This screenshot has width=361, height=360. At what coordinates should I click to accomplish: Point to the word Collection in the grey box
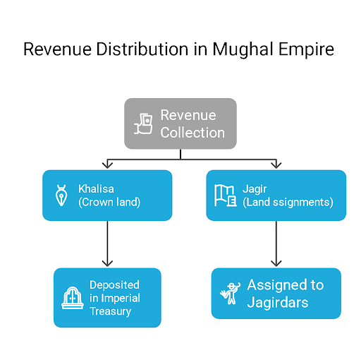tap(192, 133)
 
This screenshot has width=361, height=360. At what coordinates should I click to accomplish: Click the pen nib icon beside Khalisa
tap(62, 196)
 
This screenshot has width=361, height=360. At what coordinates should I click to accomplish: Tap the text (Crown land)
tap(110, 203)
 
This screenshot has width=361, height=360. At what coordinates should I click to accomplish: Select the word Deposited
tap(114, 284)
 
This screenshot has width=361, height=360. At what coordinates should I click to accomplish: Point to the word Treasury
tap(111, 311)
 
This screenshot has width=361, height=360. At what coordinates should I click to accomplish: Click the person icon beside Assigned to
tap(228, 293)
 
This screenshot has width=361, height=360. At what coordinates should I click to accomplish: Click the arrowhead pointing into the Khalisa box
tap(107, 167)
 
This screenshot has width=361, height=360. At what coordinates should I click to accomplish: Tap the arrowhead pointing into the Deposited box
tap(107, 264)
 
